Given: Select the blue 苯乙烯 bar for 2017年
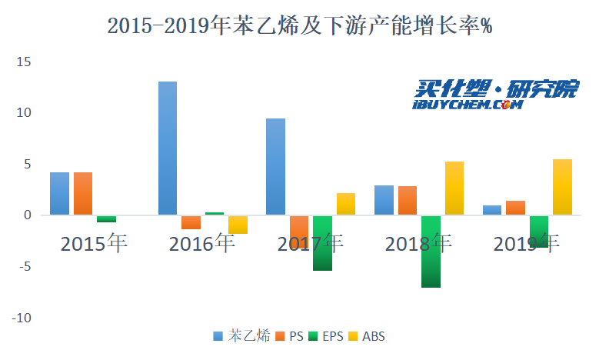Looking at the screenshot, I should point(275,166).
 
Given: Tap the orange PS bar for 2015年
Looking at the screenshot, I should point(83,193).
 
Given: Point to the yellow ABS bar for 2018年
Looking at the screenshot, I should point(454,188).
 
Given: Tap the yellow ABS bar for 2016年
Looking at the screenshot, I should point(238,224).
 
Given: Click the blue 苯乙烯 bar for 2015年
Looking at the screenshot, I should point(59,193).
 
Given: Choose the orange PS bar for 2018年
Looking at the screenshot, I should point(408,200).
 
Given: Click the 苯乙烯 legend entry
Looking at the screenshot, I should point(242,336).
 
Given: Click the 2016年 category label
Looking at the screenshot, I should point(201,245).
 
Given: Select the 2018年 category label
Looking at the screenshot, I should point(418,245).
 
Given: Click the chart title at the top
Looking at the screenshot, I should point(299,26).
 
